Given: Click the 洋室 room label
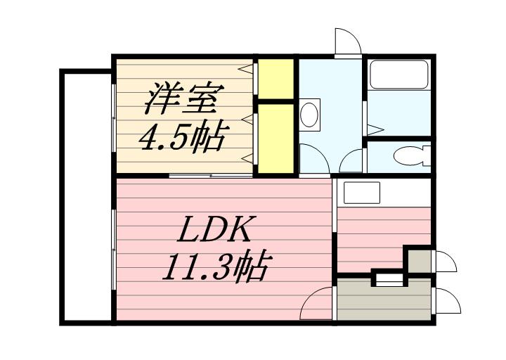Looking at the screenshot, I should click(185, 100).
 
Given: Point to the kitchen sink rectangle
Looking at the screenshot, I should click(361, 192).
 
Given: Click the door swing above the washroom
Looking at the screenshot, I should click(347, 41).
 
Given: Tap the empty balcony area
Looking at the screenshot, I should click(86, 197).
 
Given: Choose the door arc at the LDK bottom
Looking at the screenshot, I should click(316, 304).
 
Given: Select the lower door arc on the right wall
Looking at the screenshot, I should click(447, 301).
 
